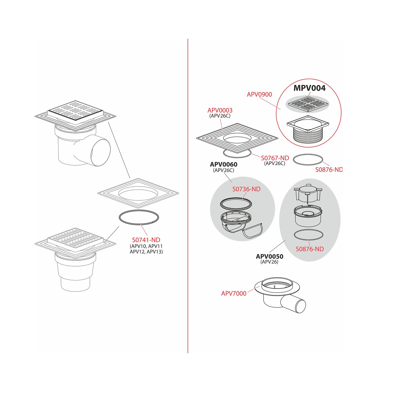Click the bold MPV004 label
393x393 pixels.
click(x=309, y=88)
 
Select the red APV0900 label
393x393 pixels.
click(x=259, y=94)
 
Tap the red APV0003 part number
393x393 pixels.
click(x=220, y=110)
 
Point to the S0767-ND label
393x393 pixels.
click(x=275, y=158)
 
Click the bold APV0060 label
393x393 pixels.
click(x=223, y=164)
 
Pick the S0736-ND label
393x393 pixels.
click(x=246, y=189)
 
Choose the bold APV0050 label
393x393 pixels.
click(x=269, y=256)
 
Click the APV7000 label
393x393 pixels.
click(x=234, y=293)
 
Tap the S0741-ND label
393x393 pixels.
click(x=146, y=240)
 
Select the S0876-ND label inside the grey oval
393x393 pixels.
click(x=310, y=249)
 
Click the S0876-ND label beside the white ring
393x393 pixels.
click(x=329, y=170)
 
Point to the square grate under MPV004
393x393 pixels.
click(x=308, y=104)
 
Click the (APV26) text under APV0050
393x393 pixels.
click(x=269, y=262)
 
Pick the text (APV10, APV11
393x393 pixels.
click(x=146, y=246)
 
